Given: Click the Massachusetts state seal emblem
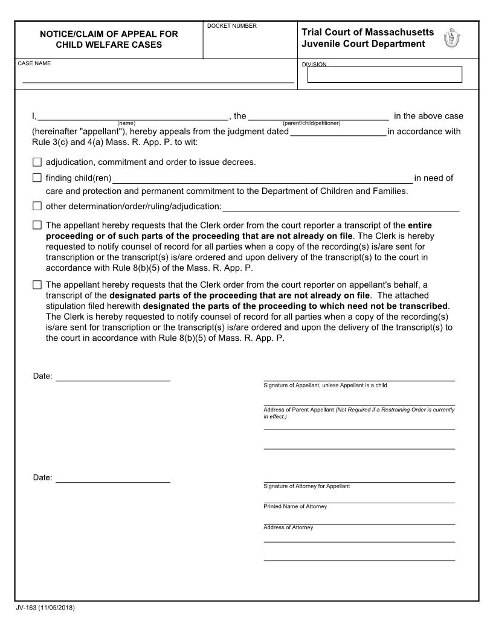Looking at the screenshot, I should [x=451, y=39].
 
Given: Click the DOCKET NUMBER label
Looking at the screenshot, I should [x=231, y=26].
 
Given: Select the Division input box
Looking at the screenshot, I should [x=384, y=74].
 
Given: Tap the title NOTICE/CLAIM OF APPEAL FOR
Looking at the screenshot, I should [x=109, y=34].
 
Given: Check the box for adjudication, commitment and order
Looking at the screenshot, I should [x=37, y=162].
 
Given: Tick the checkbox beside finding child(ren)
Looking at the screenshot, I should [x=37, y=178].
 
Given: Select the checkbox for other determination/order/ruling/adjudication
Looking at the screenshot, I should [x=37, y=206].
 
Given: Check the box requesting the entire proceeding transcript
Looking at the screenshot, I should [x=37, y=225].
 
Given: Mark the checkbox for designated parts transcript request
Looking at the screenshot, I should [x=37, y=285].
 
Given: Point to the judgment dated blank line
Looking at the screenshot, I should [x=338, y=132].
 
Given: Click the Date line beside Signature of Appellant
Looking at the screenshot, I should [x=112, y=377].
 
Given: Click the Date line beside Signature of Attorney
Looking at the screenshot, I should [x=112, y=478].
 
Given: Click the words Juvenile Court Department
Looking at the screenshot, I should [x=363, y=44].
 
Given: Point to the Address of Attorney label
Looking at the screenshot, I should [x=288, y=527].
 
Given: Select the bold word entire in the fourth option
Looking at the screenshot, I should [x=420, y=225].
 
